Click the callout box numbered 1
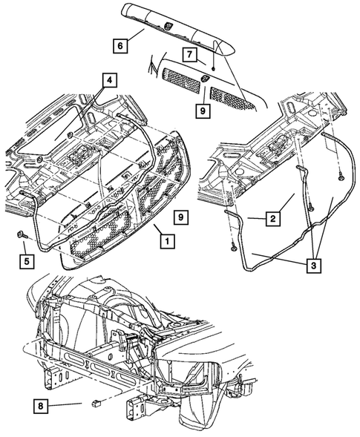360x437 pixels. [x=167, y=241]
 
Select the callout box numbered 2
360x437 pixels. [x=272, y=218]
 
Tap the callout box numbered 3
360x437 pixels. [x=314, y=266]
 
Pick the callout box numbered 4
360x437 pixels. [x=109, y=80]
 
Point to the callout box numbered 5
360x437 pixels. [x=27, y=261]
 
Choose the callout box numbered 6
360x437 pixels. [x=120, y=45]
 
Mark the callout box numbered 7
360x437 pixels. [x=190, y=54]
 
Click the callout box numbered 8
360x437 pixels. [x=41, y=406]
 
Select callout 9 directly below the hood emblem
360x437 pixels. [x=203, y=111]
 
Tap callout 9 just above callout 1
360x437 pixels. [x=180, y=217]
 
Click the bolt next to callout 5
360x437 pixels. [x=22, y=234]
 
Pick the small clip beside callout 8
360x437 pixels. [x=96, y=402]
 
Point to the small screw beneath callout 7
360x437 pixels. [x=213, y=68]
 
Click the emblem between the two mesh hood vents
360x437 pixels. [x=205, y=79]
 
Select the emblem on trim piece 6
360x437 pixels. [x=168, y=25]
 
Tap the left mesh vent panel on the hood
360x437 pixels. [x=182, y=81]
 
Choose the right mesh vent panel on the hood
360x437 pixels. [x=232, y=98]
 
